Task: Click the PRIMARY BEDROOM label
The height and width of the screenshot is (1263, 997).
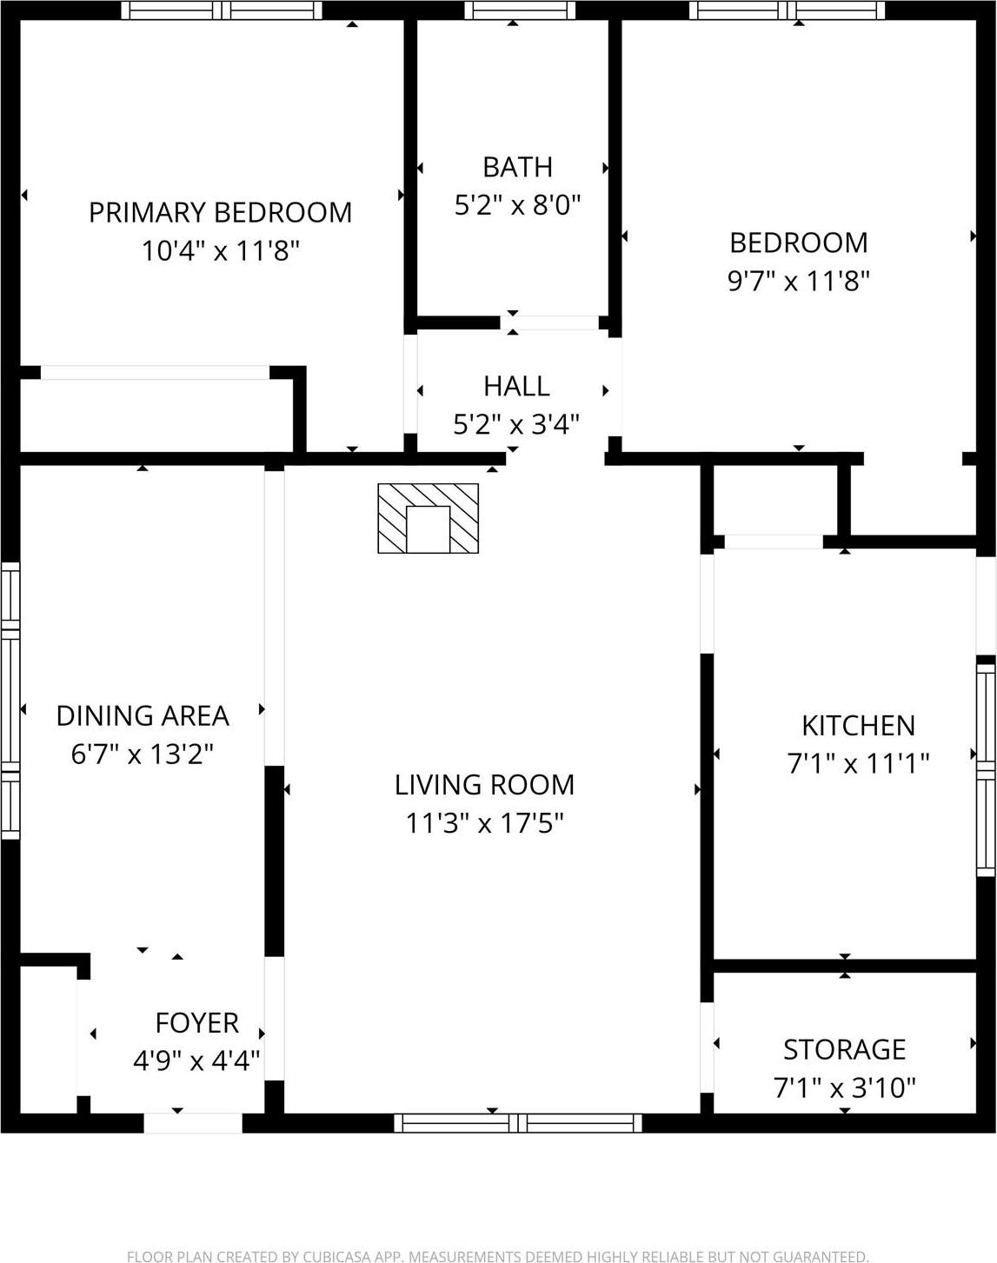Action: (220, 212)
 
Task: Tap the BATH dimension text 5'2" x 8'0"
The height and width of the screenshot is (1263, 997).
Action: (517, 205)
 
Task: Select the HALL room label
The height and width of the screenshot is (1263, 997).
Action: (516, 386)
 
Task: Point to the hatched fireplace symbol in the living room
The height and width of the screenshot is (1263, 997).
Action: (428, 518)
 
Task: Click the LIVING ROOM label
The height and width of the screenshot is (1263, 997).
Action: (484, 785)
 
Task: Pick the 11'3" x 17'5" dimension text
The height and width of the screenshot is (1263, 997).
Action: (484, 822)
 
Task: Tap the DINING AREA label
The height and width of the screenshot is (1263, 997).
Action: (143, 715)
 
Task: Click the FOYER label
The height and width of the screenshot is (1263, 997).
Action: (196, 1023)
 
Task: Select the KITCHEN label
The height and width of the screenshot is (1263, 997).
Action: (858, 726)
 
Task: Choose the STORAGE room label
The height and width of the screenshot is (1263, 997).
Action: (844, 1050)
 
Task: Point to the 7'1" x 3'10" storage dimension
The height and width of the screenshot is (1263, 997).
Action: (844, 1087)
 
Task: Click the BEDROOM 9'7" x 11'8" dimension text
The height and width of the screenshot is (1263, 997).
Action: (798, 281)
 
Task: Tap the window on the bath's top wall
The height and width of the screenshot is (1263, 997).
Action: (519, 10)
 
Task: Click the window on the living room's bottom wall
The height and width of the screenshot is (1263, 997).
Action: (518, 1122)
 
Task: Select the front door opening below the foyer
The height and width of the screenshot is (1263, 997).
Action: (192, 1122)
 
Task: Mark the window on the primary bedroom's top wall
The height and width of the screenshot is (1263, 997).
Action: (221, 10)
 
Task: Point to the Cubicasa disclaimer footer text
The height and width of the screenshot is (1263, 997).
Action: (497, 1256)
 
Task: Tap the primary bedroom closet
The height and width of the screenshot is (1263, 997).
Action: (156, 415)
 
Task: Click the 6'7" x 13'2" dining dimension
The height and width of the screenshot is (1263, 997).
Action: (143, 754)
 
